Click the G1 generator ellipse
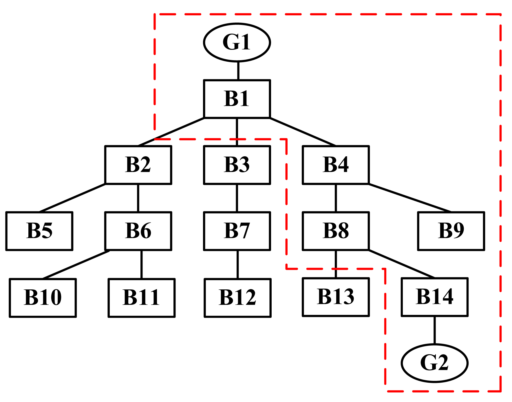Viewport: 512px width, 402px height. coord(237,42)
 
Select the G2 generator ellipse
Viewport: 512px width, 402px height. coord(434,363)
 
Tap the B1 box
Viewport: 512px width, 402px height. coord(237,99)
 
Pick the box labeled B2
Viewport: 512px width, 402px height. coord(138,165)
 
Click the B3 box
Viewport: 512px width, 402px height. coord(237,165)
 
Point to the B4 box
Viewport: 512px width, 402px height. coord(336,165)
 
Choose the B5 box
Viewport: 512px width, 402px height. coord(39,231)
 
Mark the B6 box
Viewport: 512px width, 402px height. coord(138,231)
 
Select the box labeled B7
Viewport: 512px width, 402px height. coord(237,231)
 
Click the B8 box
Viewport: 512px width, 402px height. coord(336,231)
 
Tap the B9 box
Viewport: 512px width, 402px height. coord(451,231)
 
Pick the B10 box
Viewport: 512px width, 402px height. coord(43,298)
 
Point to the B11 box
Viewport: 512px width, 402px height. coord(142,298)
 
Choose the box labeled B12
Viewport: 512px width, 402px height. coord(237,298)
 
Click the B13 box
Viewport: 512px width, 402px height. coord(336,297)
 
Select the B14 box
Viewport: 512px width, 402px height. coord(434,297)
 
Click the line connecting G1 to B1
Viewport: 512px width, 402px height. coord(238,71)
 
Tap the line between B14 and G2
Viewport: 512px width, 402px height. coord(434,330)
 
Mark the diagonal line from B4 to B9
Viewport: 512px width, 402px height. coord(410,198)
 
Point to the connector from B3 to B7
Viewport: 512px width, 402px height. coord(237,198)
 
